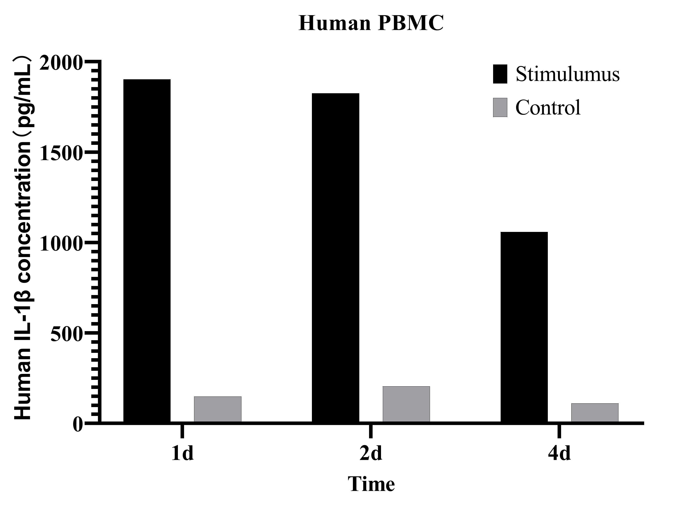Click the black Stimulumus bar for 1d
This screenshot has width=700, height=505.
coord(147,250)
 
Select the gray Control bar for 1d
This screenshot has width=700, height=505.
coord(218,409)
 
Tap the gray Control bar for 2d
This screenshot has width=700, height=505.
coord(406,404)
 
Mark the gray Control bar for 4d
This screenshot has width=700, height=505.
coord(595,412)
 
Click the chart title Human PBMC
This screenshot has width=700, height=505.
coord(371,23)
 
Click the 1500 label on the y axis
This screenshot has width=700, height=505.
coord(61,153)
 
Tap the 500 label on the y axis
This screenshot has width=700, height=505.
coord(67,334)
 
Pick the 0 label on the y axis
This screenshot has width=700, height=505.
coord(78,425)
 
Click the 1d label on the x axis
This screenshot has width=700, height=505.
coord(182,453)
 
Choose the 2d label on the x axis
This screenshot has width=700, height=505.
coord(371,453)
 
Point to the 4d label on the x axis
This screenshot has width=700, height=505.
coord(559,453)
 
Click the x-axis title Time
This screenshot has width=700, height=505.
coord(371,484)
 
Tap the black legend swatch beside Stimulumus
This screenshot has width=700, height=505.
coord(500,74)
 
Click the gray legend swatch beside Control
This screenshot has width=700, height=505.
coord(500,107)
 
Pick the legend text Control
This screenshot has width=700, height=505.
coord(548,107)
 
